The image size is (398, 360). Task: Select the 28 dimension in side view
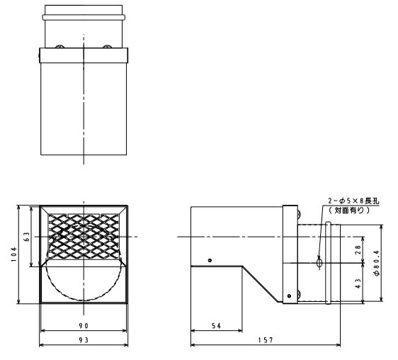click(x=358, y=250)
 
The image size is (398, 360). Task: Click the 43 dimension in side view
click(x=358, y=283)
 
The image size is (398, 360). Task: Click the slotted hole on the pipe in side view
click(x=320, y=263)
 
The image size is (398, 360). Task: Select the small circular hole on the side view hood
click(x=209, y=260)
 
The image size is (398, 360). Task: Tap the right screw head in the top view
click(x=107, y=47)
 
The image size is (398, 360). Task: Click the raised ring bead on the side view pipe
click(x=328, y=264)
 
